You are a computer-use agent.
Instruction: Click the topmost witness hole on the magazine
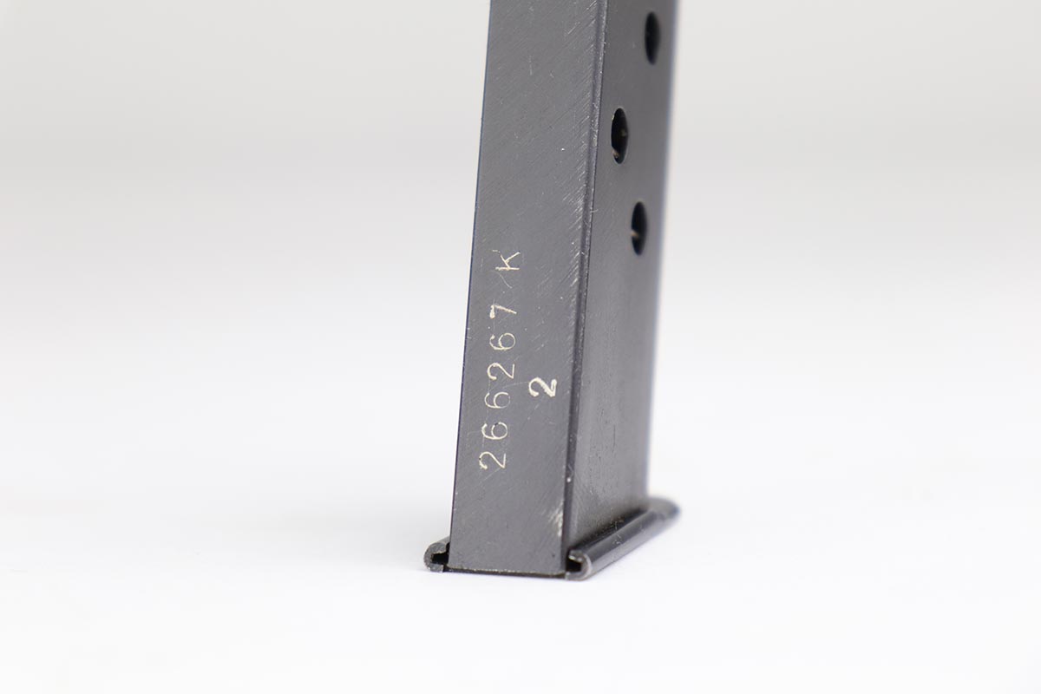tap(652, 38)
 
